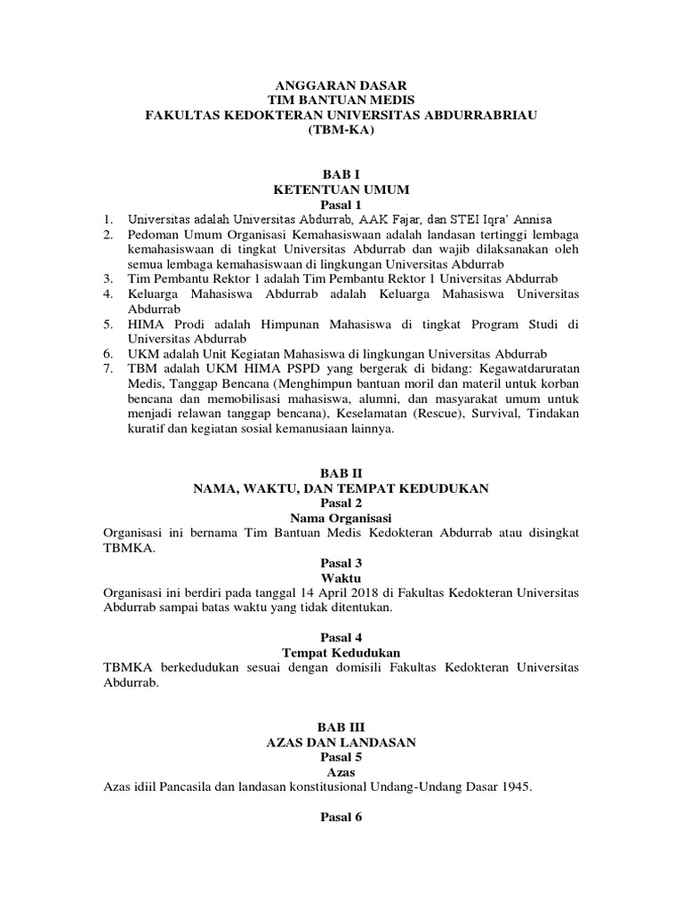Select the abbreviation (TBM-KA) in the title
pos(341,129)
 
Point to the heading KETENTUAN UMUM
pos(341,189)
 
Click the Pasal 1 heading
pos(341,205)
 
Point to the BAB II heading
pos(341,474)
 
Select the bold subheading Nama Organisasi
pos(341,517)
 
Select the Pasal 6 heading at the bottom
pos(341,818)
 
